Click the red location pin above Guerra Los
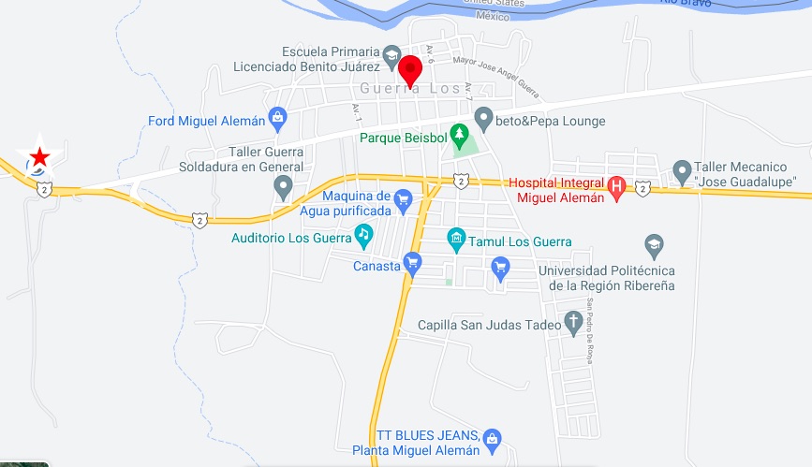coord(409,69)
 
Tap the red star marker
coord(39,155)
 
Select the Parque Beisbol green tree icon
coord(459,134)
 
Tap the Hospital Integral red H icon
coord(616,186)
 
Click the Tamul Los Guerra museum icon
coord(456,238)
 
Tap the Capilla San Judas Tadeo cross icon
coord(574,323)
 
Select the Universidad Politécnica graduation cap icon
coord(655,246)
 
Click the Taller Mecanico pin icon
coord(682,172)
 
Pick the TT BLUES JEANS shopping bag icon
coord(493,438)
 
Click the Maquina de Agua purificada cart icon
coord(403,198)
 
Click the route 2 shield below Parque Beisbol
coord(460,180)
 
